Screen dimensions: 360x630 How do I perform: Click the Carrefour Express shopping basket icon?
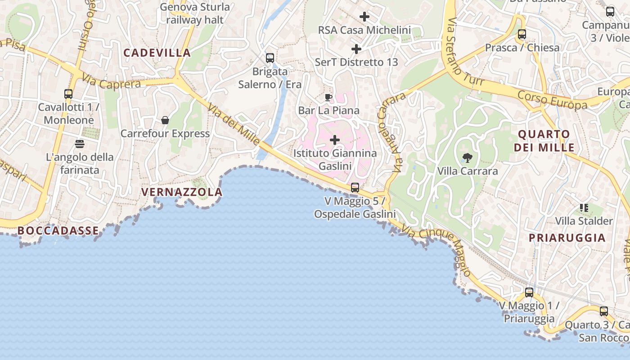point(165,120)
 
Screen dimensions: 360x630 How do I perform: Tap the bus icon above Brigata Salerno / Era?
point(270,58)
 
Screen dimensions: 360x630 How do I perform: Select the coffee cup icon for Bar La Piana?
point(328,97)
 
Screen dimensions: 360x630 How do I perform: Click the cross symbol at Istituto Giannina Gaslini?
point(335,140)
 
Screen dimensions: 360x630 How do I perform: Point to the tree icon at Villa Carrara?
point(468,157)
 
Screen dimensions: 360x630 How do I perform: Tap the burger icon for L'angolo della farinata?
point(80,144)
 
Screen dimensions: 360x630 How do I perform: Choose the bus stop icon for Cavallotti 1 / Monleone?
point(68,94)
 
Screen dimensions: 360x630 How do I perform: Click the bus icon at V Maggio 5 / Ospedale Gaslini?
point(355,187)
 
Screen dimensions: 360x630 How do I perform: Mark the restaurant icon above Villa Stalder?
point(584,207)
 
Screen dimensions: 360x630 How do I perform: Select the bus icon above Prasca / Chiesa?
point(522,34)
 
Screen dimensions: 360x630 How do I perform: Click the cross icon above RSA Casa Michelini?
point(364,17)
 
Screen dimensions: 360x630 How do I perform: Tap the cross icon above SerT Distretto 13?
point(356,49)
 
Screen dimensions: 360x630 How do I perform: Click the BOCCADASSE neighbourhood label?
point(58,231)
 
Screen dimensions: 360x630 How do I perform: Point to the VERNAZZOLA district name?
point(182,192)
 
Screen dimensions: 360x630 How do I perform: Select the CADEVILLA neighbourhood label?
point(157,53)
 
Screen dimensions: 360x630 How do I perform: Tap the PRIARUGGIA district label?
point(567,238)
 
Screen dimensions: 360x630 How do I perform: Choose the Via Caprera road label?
point(111,83)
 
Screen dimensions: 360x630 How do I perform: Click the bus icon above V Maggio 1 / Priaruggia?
point(529,292)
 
